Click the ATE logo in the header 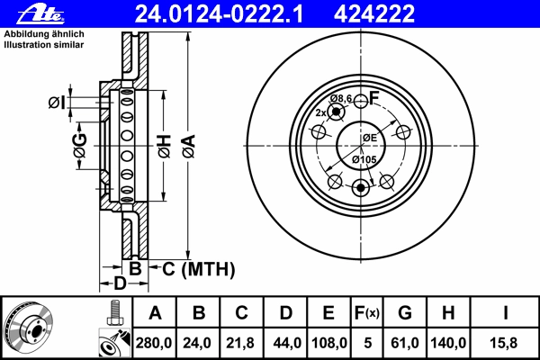(x=40, y=14)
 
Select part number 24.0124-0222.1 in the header (x=219, y=14)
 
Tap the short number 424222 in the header (x=374, y=14)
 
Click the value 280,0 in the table (x=154, y=343)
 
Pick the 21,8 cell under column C (x=240, y=343)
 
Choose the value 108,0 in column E (x=328, y=343)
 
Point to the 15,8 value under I (x=503, y=343)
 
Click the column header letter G (x=405, y=313)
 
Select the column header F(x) (x=367, y=313)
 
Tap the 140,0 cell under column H (x=448, y=343)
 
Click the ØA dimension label (x=189, y=147)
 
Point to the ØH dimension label (x=165, y=147)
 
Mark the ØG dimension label (x=80, y=146)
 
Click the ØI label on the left (x=57, y=103)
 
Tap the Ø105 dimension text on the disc (x=364, y=159)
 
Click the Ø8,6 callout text (x=341, y=99)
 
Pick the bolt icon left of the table (x=114, y=313)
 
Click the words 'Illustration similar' (x=44, y=45)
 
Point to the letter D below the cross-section (x=121, y=283)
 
